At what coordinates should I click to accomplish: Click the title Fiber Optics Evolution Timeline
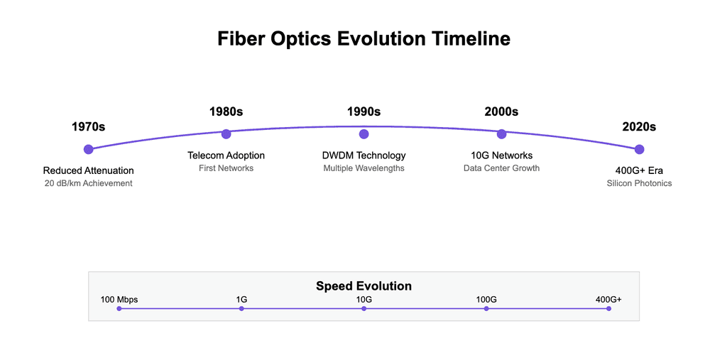[x=363, y=38]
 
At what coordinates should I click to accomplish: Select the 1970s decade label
[x=88, y=127]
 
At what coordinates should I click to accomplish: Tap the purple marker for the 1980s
[x=226, y=134]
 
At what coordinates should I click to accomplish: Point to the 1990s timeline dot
[x=363, y=134]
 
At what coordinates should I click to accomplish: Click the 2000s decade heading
[x=501, y=111]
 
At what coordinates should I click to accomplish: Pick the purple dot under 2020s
[x=639, y=149]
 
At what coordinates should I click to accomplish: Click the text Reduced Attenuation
[x=88, y=170]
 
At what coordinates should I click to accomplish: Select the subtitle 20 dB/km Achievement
[x=88, y=183]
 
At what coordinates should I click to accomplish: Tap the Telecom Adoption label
[x=226, y=156]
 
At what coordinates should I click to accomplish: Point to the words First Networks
[x=226, y=168]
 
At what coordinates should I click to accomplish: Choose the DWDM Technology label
[x=363, y=156]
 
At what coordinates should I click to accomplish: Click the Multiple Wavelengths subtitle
[x=363, y=168]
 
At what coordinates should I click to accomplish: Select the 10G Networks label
[x=501, y=156]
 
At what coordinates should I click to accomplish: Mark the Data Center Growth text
[x=501, y=168]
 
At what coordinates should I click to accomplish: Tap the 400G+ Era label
[x=639, y=170]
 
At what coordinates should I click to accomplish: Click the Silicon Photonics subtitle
[x=639, y=183]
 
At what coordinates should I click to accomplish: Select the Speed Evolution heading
[x=363, y=286]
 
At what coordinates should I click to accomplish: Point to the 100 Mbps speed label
[x=119, y=300]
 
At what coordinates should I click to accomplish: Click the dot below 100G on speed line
[x=486, y=309]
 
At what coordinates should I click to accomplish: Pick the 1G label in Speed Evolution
[x=241, y=300]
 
